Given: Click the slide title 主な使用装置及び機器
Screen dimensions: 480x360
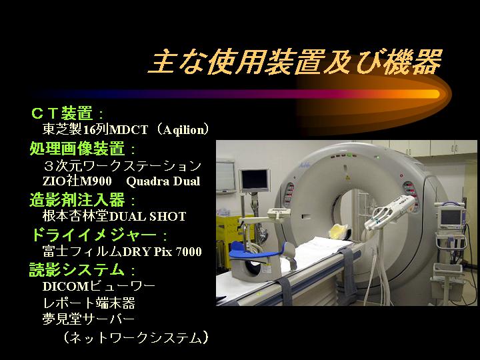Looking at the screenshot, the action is tap(295, 62).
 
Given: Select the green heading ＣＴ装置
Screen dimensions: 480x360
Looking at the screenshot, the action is tap(61, 113).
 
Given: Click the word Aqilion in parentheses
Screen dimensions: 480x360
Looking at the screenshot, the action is tap(184, 130).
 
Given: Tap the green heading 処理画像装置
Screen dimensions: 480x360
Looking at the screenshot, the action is tap(77, 149).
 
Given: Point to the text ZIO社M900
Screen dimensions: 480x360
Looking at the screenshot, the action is tap(77, 181).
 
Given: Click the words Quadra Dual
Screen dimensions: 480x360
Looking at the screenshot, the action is tap(163, 181).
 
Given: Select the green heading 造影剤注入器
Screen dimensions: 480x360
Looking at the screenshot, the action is tap(77, 199).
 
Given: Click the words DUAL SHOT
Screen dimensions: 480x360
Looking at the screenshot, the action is tap(147, 217).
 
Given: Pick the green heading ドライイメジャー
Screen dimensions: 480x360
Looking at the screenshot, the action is tap(94, 235).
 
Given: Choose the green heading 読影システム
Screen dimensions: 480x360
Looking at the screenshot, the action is tap(77, 269).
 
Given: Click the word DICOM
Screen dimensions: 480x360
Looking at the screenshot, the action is tap(65, 287).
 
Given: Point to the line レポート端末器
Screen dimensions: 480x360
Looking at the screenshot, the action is tap(89, 303).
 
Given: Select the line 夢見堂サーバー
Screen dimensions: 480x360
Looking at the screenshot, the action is tap(89, 319).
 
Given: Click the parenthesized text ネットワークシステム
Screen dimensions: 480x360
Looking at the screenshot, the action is tap(136, 337).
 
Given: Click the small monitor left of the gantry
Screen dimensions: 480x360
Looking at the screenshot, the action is tap(255, 180).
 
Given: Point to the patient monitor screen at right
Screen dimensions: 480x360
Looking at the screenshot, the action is tap(450, 217).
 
